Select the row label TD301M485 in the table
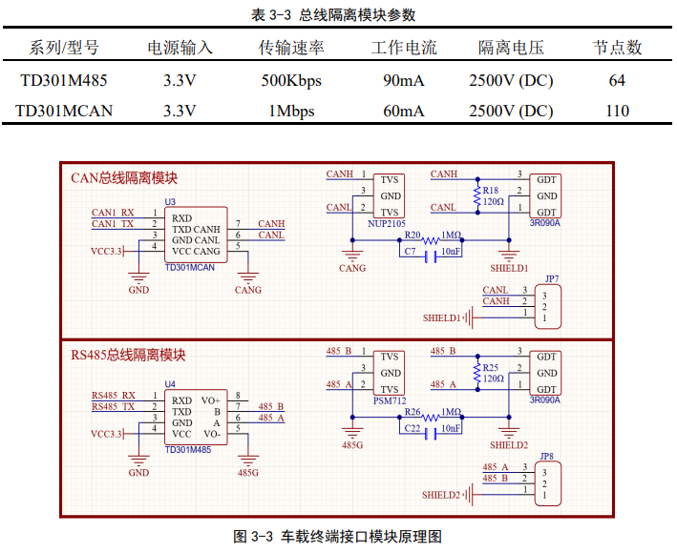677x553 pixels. [64, 80]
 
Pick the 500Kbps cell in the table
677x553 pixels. [291, 80]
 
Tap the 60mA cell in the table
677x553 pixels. [403, 111]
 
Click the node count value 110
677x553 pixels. [617, 111]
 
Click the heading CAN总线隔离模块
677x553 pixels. [124, 178]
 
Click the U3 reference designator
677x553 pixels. [170, 202]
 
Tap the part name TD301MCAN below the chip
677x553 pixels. [190, 268]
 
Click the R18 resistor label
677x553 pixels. [491, 190]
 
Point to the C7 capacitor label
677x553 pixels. [410, 251]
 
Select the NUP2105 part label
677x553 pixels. [387, 223]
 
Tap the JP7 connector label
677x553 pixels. [551, 278]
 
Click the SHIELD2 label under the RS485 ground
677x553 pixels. [509, 445]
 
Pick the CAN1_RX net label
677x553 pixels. [113, 212]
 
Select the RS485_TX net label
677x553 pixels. [113, 407]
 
